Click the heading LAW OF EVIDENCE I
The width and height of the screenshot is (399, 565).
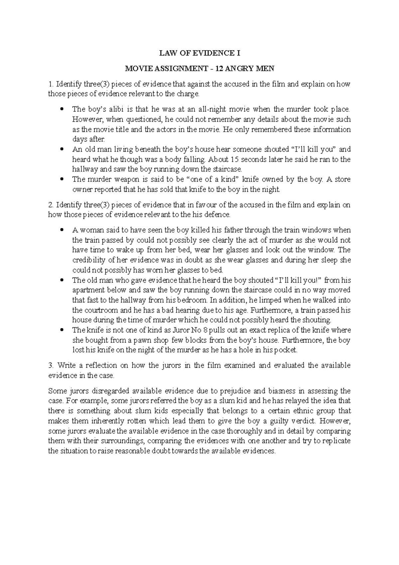point(199,53)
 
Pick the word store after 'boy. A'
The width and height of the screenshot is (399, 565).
point(342,179)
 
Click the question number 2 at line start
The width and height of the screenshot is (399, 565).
point(50,205)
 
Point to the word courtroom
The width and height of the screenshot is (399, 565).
point(99,310)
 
